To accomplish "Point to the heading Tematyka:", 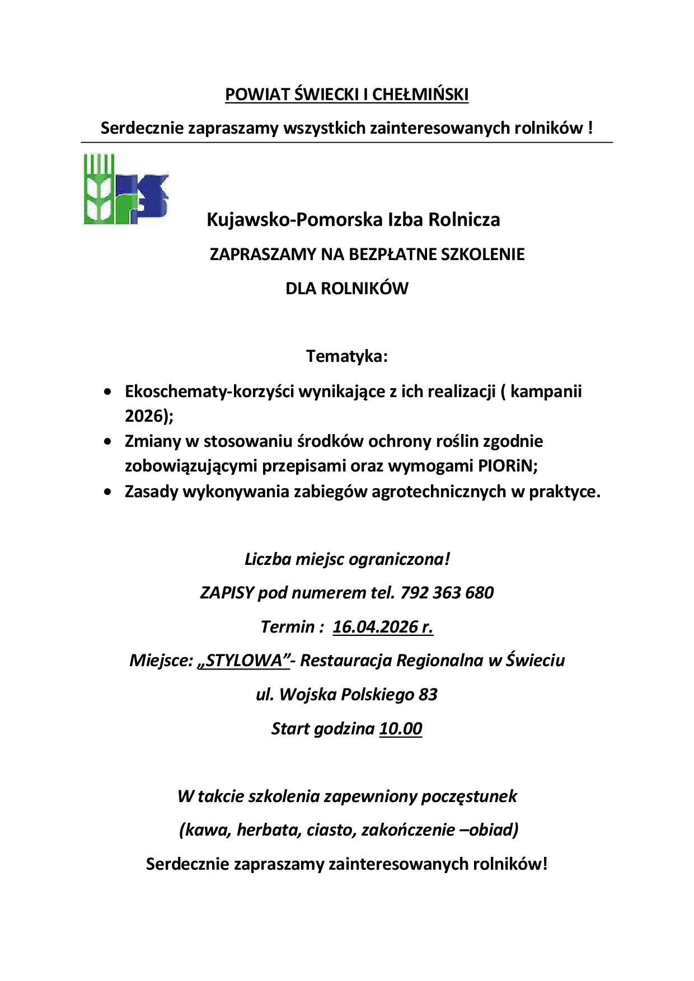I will tap(346, 356).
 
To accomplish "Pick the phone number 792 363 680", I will tap(447, 592).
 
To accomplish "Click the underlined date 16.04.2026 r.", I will tap(383, 626).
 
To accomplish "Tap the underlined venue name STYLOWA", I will tap(243, 661).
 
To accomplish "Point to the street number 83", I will tap(428, 695).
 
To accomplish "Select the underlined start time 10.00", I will tap(400, 729).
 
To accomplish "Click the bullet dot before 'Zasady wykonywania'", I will tap(107, 492).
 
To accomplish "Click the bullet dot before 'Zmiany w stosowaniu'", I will tap(107, 442).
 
